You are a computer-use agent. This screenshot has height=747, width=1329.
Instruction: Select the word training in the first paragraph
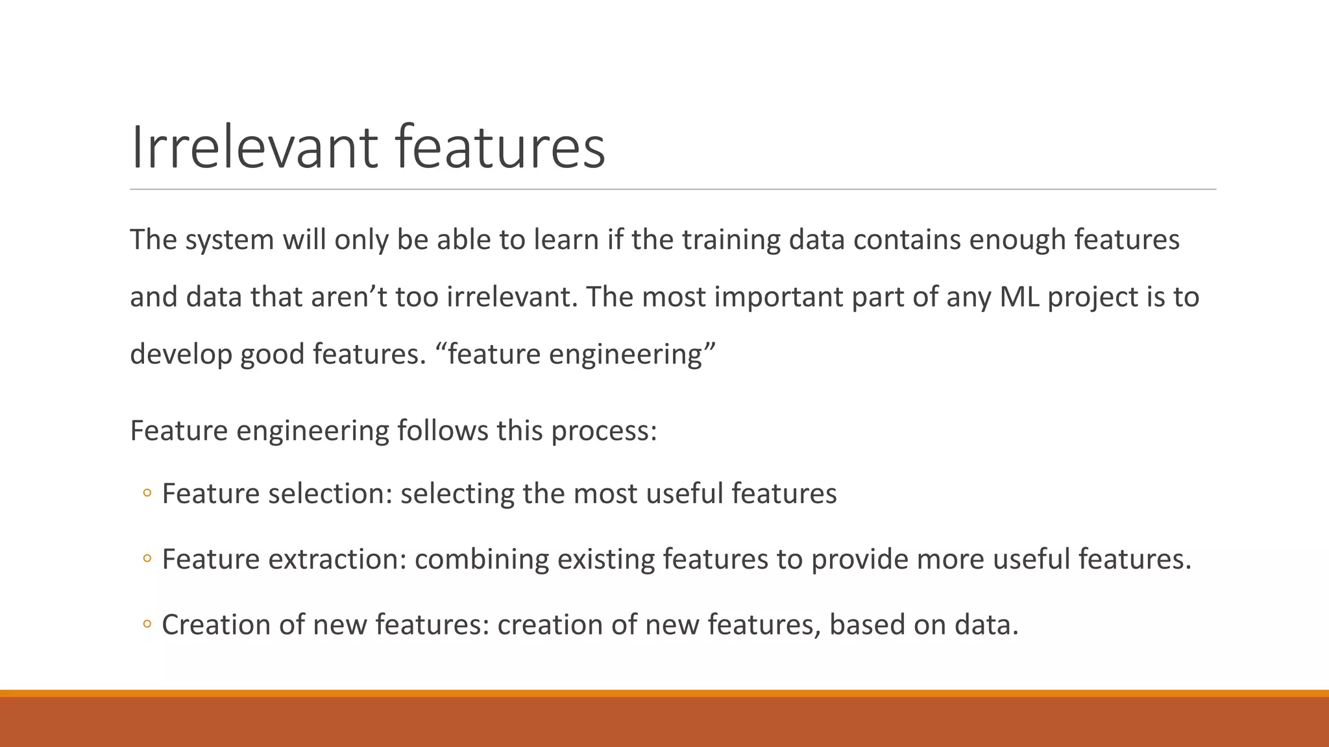(731, 240)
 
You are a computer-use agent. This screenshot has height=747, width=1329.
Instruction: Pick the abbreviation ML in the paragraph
(1019, 297)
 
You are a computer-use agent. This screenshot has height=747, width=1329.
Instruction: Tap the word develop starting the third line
(180, 355)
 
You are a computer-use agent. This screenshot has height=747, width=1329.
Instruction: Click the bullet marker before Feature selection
(147, 494)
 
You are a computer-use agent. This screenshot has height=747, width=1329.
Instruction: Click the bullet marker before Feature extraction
(147, 559)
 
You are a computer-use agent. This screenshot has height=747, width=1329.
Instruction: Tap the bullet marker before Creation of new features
(147, 625)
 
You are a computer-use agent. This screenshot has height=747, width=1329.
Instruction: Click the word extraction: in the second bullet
(337, 559)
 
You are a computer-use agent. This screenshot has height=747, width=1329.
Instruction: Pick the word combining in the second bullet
(482, 559)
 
